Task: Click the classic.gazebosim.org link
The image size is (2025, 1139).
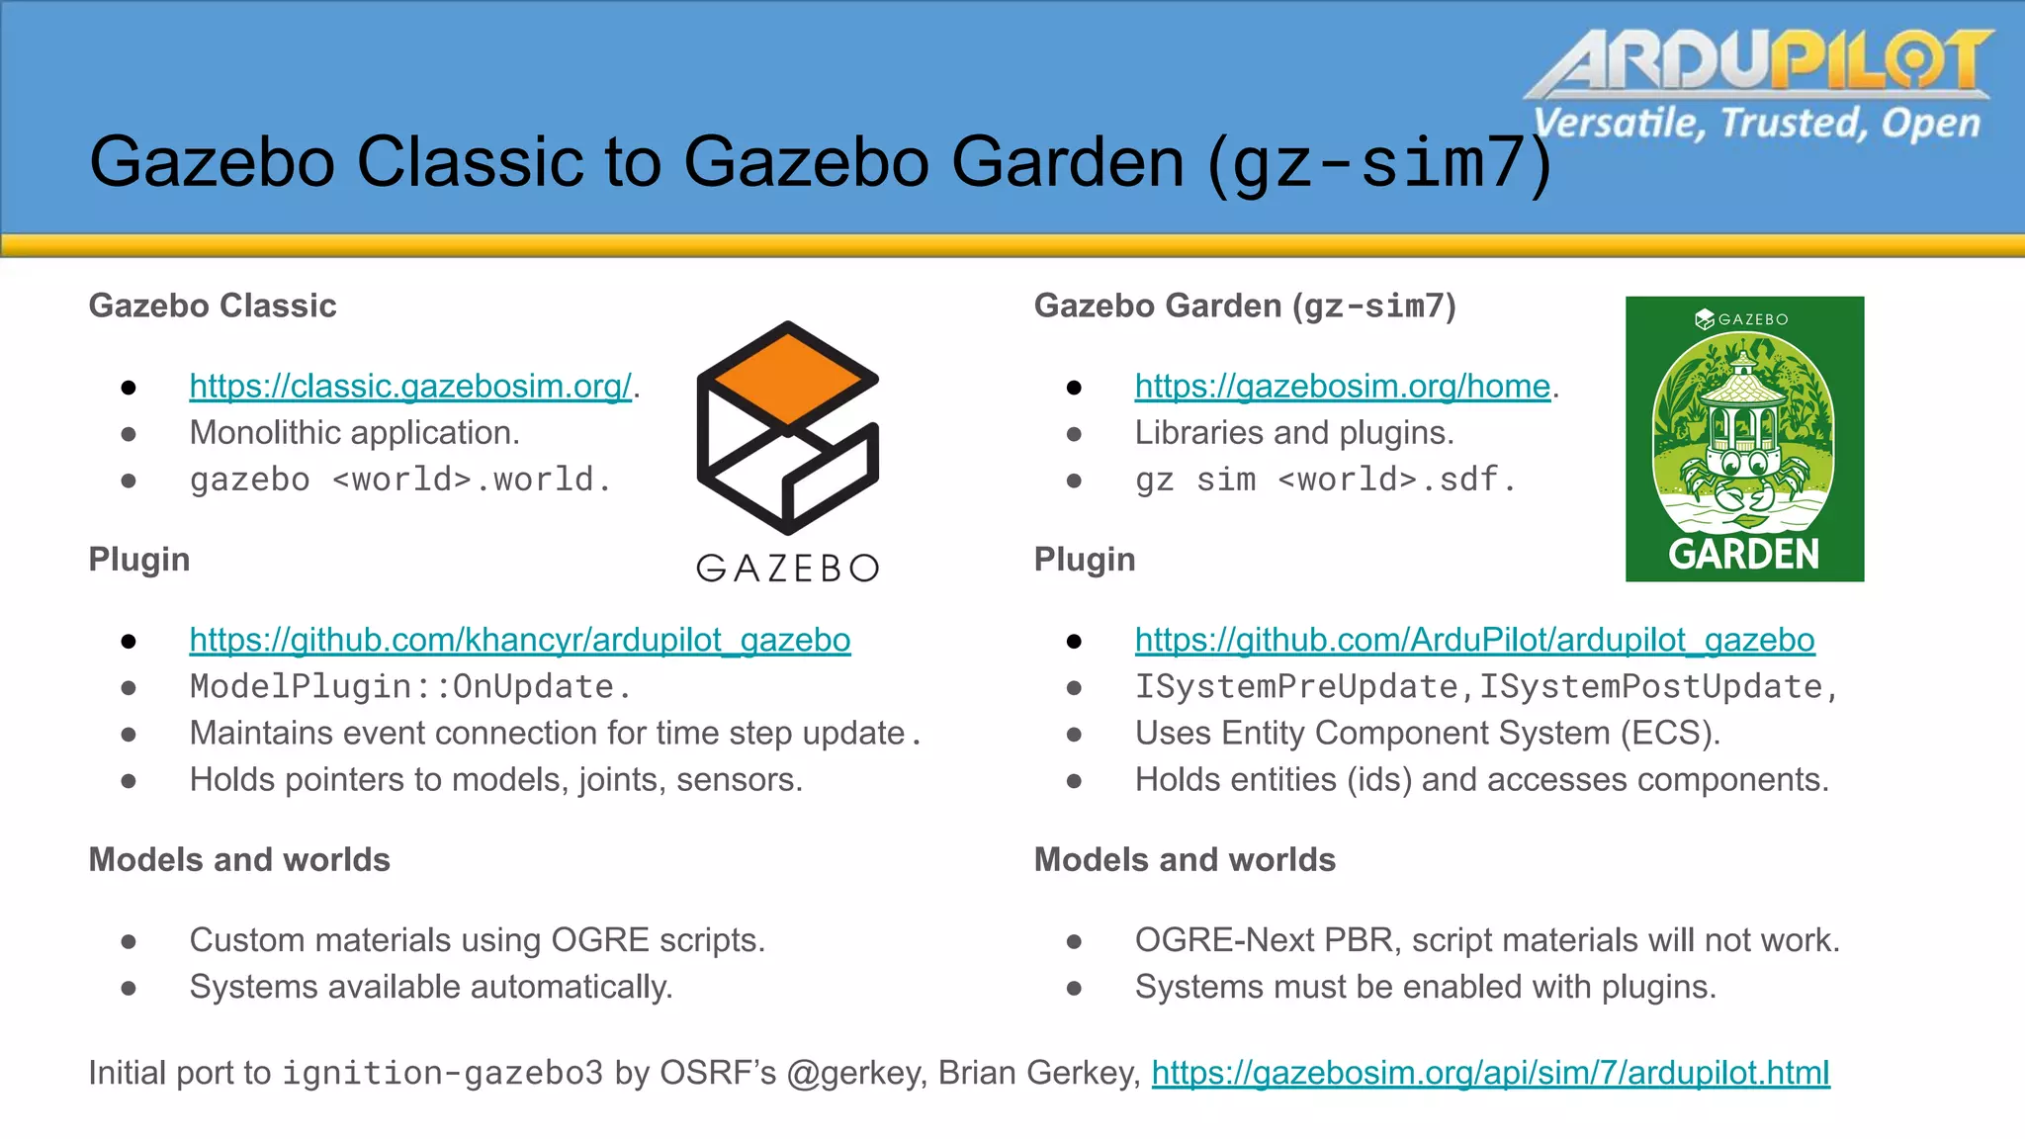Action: click(410, 387)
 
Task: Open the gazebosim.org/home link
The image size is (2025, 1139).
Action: click(1342, 387)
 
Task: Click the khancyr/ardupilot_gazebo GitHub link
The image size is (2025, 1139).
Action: click(519, 641)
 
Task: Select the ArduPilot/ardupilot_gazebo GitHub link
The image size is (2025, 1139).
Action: click(1474, 641)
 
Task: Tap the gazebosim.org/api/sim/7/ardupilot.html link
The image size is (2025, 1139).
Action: click(1490, 1074)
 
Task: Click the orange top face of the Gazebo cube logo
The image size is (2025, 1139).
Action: click(787, 379)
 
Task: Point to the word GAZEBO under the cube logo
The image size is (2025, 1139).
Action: click(787, 569)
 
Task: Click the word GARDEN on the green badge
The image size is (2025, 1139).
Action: click(1743, 555)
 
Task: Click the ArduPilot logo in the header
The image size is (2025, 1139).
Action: click(1760, 61)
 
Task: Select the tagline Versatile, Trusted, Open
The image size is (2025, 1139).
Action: click(1756, 124)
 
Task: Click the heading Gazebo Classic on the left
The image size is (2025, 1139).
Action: click(213, 307)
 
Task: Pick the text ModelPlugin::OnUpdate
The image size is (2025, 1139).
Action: click(409, 687)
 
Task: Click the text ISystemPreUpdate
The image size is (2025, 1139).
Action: click(1296, 687)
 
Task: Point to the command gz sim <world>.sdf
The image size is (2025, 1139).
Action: click(1324, 481)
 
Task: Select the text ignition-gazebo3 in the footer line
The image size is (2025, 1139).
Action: click(442, 1074)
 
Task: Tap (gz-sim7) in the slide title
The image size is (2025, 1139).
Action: click(1379, 163)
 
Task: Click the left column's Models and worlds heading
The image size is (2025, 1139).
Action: click(239, 860)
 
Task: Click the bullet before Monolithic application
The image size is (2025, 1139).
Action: click(129, 434)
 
